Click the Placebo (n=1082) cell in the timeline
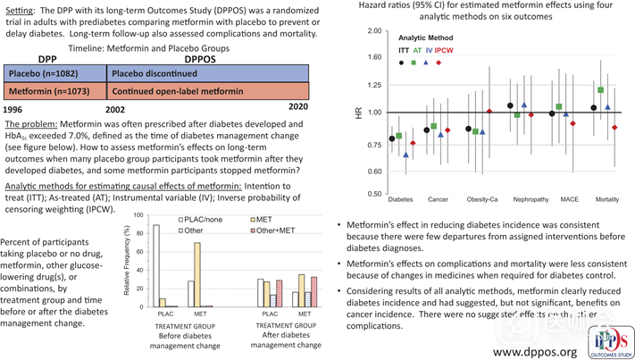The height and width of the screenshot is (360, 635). click(x=54, y=73)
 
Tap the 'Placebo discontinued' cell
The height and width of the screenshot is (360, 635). click(x=208, y=73)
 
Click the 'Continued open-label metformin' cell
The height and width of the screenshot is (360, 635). click(x=208, y=91)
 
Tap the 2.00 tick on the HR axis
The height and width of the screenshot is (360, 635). click(x=374, y=31)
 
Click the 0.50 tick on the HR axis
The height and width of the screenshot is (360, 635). click(x=374, y=194)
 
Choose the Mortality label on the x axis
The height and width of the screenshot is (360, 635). click(x=607, y=199)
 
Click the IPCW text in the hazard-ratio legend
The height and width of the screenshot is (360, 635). click(x=443, y=52)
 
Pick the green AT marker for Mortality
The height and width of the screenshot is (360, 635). click(x=601, y=90)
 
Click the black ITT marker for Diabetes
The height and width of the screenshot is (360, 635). click(x=392, y=139)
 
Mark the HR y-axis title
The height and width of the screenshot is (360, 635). click(x=359, y=113)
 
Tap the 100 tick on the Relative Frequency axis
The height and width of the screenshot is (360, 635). click(x=137, y=216)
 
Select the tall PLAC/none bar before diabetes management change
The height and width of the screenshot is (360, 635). click(x=156, y=265)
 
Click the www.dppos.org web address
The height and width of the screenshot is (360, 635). click(x=535, y=351)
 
